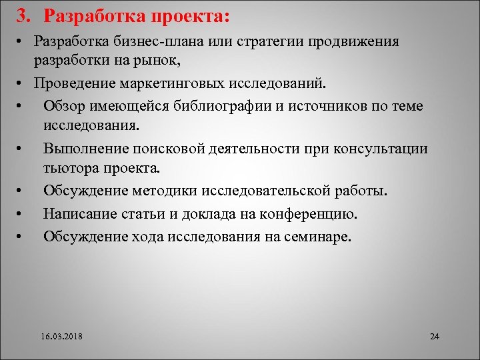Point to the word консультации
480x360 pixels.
377,149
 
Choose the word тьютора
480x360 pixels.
70,167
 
